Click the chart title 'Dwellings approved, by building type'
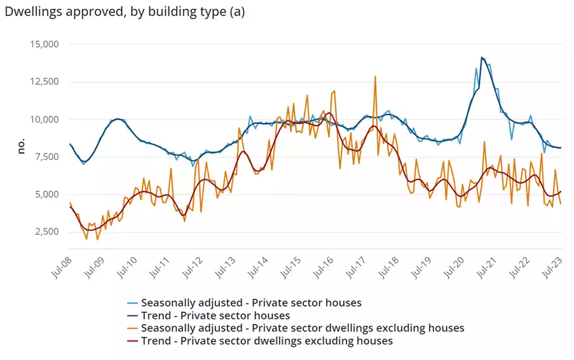[x=124, y=11]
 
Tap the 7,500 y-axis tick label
[x=44, y=157]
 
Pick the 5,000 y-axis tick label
[x=44, y=195]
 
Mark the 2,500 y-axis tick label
[x=44, y=232]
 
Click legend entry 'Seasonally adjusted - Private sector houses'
[x=251, y=303]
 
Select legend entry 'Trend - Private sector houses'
[x=215, y=315]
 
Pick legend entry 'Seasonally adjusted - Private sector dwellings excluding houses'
[x=303, y=328]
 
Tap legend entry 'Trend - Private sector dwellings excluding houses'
[x=267, y=341]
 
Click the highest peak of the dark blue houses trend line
[x=482, y=58]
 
